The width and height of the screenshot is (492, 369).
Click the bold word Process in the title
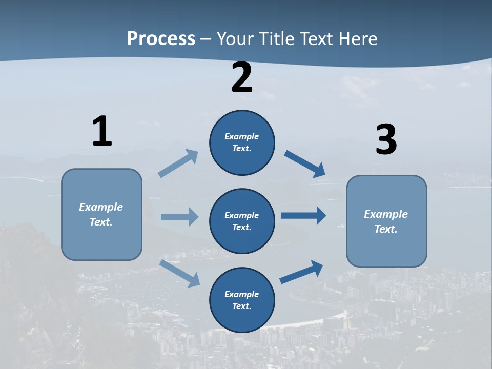(x=161, y=38)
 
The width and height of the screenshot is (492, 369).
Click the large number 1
(x=102, y=131)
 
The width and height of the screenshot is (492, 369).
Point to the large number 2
(x=242, y=77)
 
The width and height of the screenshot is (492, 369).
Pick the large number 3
(x=386, y=140)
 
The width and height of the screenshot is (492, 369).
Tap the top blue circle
(x=242, y=142)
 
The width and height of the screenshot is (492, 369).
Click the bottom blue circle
(x=242, y=300)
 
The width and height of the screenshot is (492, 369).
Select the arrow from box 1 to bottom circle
(x=180, y=273)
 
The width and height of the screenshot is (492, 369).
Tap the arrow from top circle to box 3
(x=304, y=163)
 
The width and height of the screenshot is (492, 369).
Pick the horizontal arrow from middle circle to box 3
(x=303, y=216)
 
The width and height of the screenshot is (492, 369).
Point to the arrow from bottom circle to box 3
(x=301, y=272)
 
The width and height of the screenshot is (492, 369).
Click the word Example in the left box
(x=101, y=207)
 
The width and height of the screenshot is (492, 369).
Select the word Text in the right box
(x=385, y=229)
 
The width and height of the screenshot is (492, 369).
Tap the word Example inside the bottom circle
(x=241, y=294)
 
